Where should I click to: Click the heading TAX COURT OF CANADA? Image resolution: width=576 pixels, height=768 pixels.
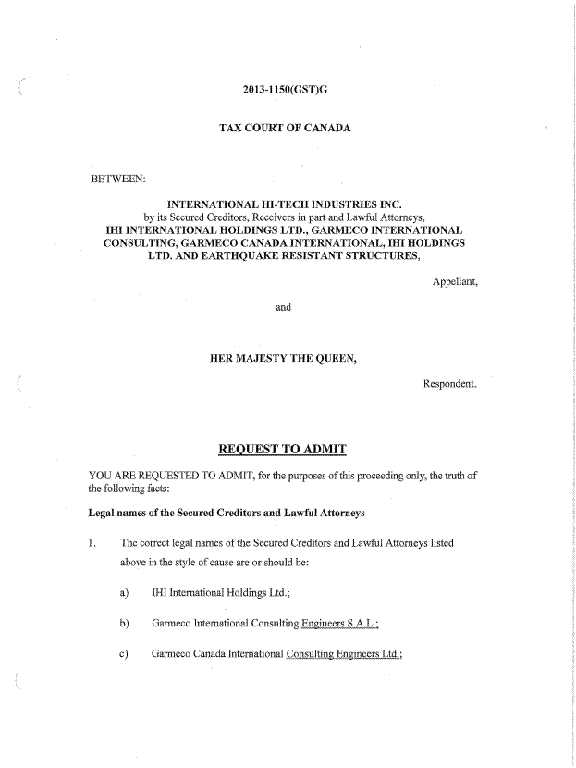tap(284, 126)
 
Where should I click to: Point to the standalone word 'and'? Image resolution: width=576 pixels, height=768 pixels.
tap(284, 306)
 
